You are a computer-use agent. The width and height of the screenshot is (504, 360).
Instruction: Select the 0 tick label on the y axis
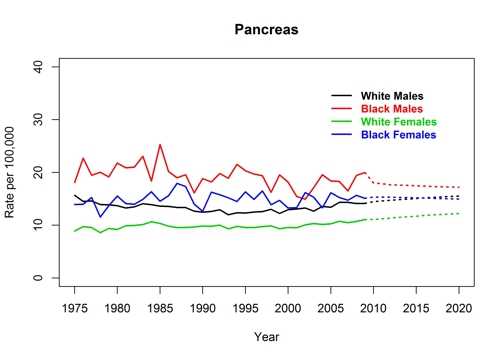[x=40, y=278]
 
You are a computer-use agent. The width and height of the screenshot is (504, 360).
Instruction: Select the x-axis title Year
[x=267, y=336]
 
